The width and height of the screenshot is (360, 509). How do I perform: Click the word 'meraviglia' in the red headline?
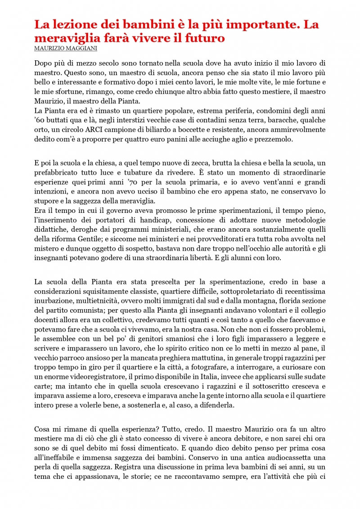[63, 38]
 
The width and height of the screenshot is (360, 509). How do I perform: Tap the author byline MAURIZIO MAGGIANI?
[66, 48]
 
